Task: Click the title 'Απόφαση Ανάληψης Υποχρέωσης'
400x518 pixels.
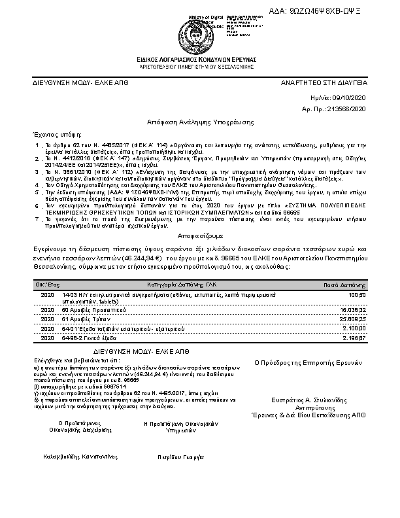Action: [x=200, y=122]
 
